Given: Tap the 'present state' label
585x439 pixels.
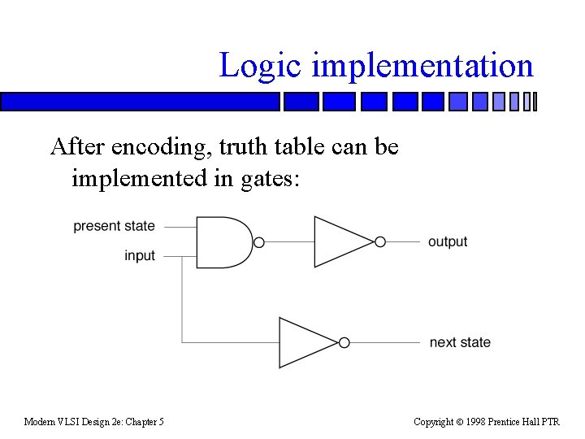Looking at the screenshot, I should click(114, 226).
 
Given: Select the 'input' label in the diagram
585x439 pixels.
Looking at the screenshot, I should click(140, 255).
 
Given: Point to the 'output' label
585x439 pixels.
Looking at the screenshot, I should click(448, 241).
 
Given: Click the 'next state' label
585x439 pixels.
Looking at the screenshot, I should click(460, 342).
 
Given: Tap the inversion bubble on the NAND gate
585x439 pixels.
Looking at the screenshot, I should click(259, 242).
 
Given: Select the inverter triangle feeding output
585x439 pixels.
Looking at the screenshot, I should click(341, 241).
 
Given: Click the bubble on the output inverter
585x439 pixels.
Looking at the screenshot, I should click(380, 241).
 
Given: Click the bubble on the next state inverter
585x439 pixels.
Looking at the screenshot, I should click(344, 342).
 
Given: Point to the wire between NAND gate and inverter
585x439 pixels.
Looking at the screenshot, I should click(288, 242).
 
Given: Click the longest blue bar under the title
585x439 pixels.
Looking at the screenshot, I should click(140, 102).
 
